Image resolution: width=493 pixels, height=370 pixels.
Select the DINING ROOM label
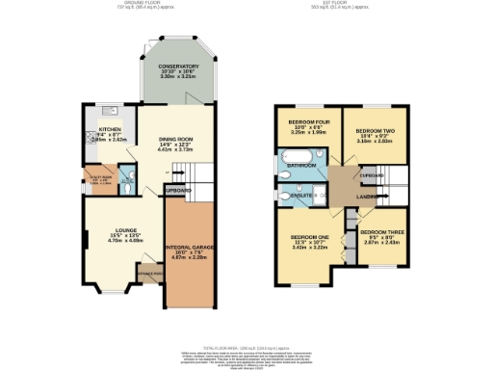pos(176,141)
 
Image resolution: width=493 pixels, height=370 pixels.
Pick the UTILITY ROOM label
pos(101,177)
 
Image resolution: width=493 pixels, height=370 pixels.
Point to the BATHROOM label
pos(299,166)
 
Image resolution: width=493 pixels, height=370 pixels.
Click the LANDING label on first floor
pos(365,198)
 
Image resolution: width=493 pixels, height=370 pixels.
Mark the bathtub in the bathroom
pos(294,155)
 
